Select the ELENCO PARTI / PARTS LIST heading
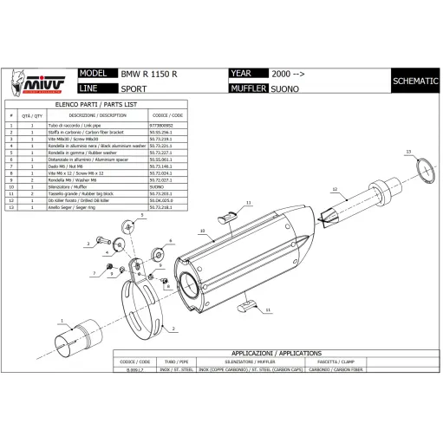(97, 103)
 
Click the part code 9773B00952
(166, 126)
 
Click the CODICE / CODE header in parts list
(166, 114)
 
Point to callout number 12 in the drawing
(334, 189)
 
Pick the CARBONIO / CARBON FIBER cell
(403, 370)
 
